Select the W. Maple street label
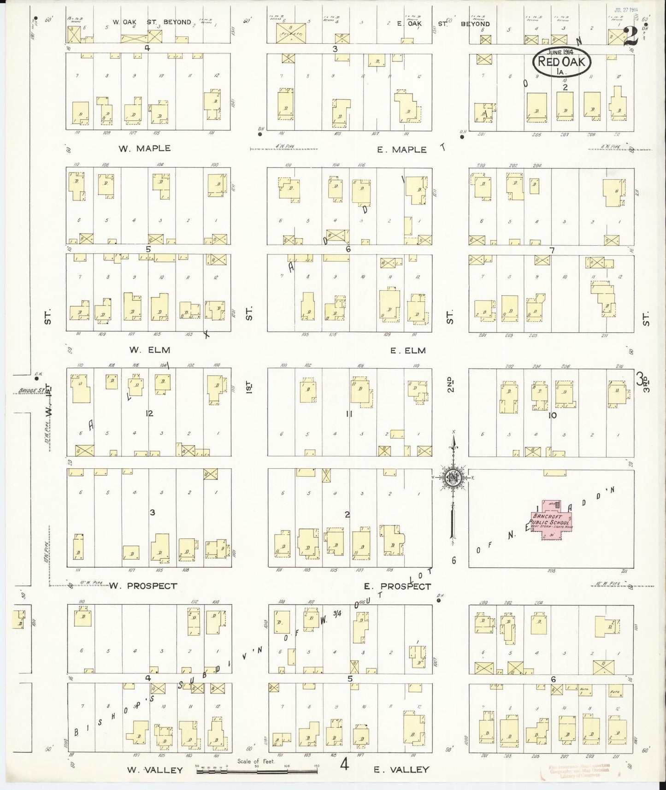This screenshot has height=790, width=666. click(144, 148)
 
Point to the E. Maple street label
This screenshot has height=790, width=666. click(402, 150)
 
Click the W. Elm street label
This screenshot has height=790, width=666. click(141, 350)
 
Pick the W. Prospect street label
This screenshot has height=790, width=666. click(143, 586)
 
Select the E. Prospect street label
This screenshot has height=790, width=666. click(397, 586)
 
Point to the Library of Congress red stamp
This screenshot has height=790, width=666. click(579, 770)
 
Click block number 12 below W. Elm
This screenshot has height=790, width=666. click(149, 413)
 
